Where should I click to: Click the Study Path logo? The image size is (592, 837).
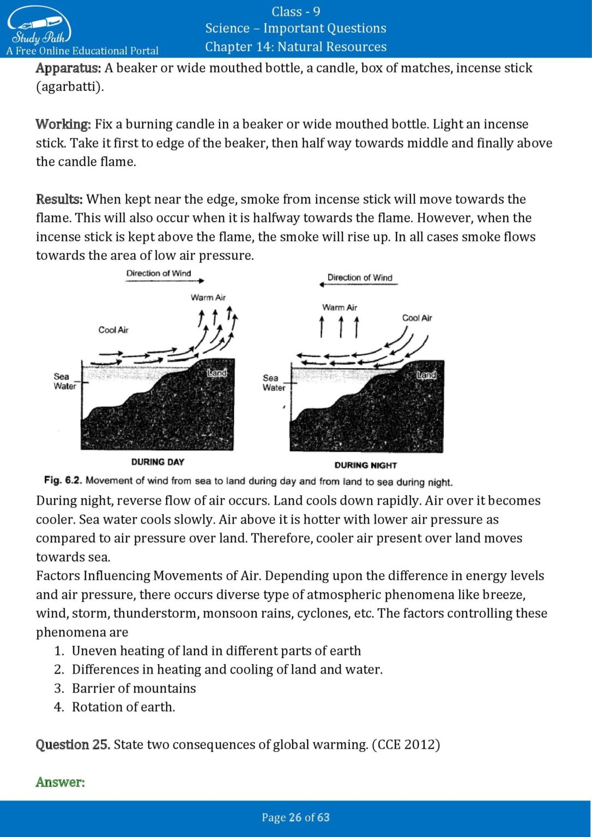39,27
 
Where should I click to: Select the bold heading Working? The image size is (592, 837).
63,124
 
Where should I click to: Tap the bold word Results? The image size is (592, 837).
59,199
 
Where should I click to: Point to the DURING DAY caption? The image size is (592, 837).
158,462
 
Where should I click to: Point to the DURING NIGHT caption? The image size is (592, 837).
365,465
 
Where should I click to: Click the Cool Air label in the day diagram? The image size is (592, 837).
113,330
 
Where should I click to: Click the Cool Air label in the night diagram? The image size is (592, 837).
417,318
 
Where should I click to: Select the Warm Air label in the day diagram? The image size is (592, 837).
208,298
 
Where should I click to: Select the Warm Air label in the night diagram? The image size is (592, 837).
340,307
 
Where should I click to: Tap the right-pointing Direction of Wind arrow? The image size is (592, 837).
165,281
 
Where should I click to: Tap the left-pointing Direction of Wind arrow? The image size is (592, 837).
359,284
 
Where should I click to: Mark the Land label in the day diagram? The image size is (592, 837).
216,373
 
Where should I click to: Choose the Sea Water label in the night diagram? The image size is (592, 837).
273,383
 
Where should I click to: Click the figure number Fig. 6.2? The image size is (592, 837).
63,480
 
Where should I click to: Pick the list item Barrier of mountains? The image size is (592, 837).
134,688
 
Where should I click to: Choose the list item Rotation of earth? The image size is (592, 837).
123,707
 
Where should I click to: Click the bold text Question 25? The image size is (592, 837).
73,745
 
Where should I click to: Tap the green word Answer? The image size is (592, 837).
60,783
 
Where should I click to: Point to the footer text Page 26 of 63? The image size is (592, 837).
295,817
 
